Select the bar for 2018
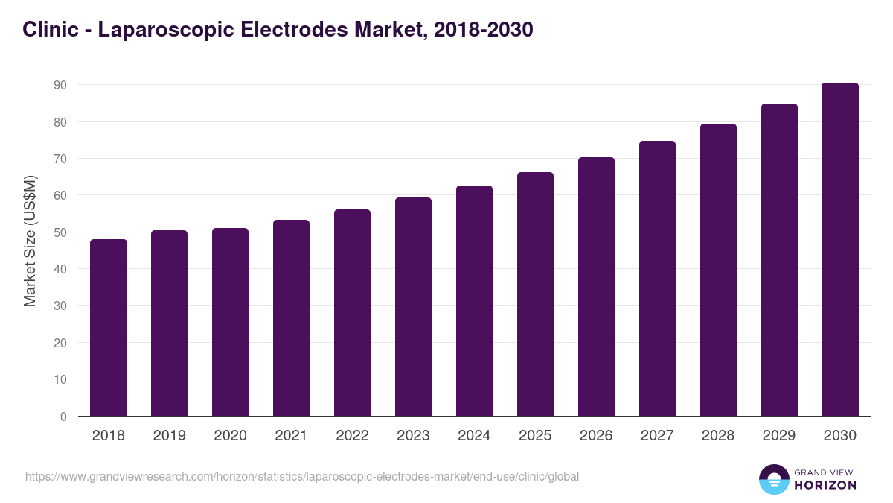pos(109,328)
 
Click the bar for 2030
pos(840,250)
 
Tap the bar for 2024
pos(474,301)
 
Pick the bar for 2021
pos(291,318)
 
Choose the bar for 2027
pos(657,279)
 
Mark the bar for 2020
pos(230,322)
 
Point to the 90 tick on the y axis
pos(60,85)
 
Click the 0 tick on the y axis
pos(64,417)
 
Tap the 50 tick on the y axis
pos(60,232)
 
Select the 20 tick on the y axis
pos(60,343)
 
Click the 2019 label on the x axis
pos(170,436)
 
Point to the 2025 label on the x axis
pos(535,436)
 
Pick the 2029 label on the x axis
pos(779,436)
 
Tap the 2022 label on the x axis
pos(352,436)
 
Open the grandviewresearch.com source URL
pos(302,476)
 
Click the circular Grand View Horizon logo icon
pos(774,479)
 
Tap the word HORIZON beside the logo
pos(825,485)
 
